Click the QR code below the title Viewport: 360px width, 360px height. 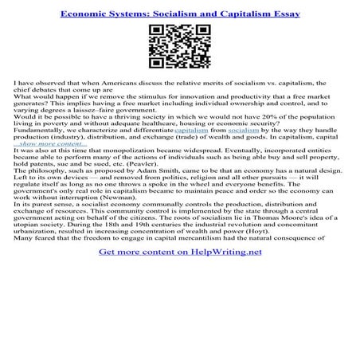(x=179, y=47)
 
